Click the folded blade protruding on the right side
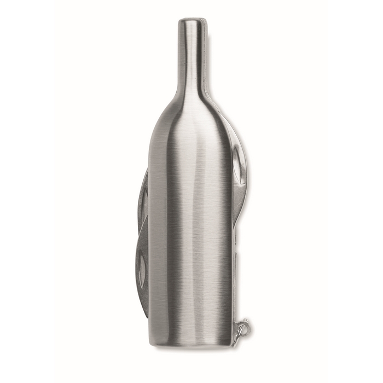coord(241,175)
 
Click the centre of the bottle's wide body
coord(191,219)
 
